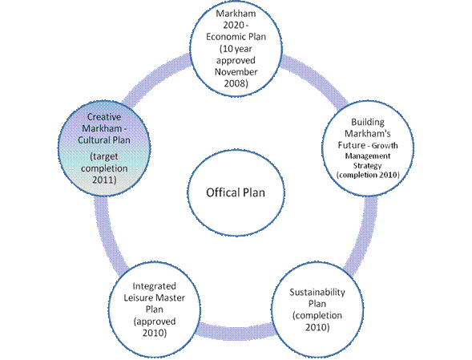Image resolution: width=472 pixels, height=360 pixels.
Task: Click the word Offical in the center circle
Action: pyautogui.click(x=224, y=192)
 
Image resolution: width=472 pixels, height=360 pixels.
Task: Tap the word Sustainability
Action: pyautogui.click(x=317, y=293)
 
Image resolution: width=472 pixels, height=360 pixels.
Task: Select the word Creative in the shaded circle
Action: pyautogui.click(x=104, y=117)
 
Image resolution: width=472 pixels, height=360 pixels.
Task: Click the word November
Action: pyautogui.click(x=236, y=72)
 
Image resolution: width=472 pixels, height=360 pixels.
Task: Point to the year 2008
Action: pyautogui.click(x=236, y=83)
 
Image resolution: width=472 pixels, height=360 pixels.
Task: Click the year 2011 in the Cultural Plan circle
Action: pyautogui.click(x=104, y=180)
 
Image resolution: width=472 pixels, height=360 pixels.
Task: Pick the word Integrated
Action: pyautogui.click(x=154, y=286)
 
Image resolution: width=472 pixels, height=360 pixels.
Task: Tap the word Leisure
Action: pyautogui.click(x=138, y=298)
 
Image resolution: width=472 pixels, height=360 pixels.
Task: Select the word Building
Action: pyautogui.click(x=368, y=122)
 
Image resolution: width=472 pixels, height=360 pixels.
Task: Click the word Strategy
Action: pyautogui.click(x=368, y=166)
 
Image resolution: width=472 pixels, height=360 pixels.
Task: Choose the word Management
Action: pyautogui.click(x=368, y=156)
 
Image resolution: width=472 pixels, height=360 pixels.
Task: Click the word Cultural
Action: pyautogui.click(x=94, y=140)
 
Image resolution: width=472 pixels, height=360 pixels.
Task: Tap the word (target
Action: pyautogui.click(x=104, y=156)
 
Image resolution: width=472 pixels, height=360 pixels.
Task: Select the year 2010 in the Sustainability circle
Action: pyautogui.click(x=317, y=327)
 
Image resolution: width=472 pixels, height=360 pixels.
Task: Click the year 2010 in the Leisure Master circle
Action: pyautogui.click(x=155, y=333)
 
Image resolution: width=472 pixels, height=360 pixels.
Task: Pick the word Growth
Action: pyautogui.click(x=385, y=146)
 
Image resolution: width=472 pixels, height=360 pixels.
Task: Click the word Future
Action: pyautogui.click(x=351, y=145)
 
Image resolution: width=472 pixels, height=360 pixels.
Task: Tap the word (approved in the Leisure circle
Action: pyautogui.click(x=155, y=322)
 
